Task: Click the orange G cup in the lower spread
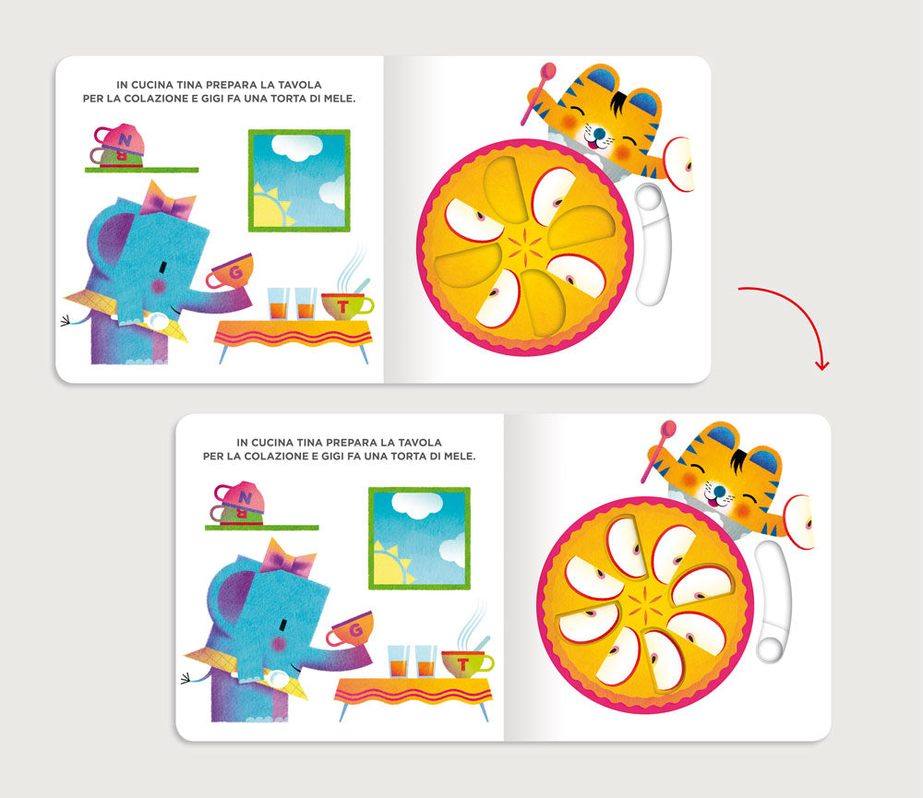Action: tap(351, 629)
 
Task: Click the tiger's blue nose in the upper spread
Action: tap(599, 134)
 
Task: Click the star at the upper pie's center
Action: tap(526, 248)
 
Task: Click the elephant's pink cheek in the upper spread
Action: tap(158, 287)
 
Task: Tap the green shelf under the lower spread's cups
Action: tap(262, 528)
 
